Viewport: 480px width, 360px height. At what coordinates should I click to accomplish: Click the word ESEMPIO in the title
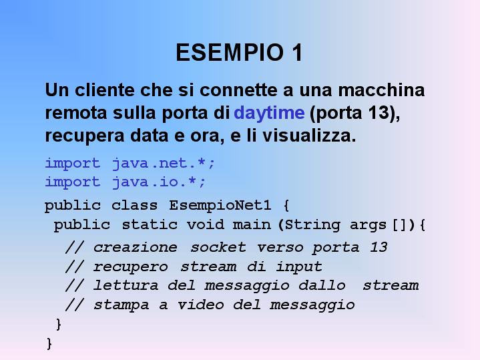click(x=230, y=52)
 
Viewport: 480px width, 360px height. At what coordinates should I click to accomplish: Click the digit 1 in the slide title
click(x=297, y=52)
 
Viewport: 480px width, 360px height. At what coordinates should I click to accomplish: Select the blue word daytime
click(x=269, y=114)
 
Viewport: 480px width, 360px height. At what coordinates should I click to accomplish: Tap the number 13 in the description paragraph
click(x=379, y=112)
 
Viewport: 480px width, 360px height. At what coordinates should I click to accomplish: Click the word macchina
click(x=381, y=90)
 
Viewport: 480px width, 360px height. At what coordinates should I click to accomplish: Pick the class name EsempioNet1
click(x=220, y=205)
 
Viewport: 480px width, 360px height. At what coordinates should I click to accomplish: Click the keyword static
click(x=150, y=224)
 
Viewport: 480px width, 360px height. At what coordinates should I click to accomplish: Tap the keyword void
click(x=206, y=224)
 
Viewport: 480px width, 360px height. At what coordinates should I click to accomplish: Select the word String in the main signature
click(x=312, y=225)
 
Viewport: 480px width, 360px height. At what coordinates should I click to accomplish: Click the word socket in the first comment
click(x=218, y=247)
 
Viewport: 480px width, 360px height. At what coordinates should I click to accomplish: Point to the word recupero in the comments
click(x=130, y=267)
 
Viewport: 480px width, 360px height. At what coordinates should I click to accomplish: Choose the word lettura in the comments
click(x=126, y=286)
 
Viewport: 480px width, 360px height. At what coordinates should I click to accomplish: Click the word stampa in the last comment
click(x=122, y=305)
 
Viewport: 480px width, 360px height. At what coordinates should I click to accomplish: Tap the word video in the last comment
click(x=200, y=305)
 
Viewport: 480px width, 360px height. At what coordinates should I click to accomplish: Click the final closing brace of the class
click(x=49, y=343)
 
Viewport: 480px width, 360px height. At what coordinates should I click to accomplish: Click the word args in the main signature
click(x=368, y=225)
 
